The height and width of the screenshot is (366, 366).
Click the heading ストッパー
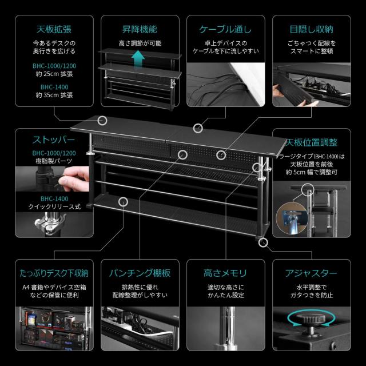coord(54,140)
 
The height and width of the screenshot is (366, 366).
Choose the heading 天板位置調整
coord(311,141)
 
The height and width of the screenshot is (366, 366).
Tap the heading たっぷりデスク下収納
coord(54,273)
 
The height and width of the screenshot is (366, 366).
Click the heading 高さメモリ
coord(225,273)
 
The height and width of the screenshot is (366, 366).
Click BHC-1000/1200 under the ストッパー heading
coord(54,153)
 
